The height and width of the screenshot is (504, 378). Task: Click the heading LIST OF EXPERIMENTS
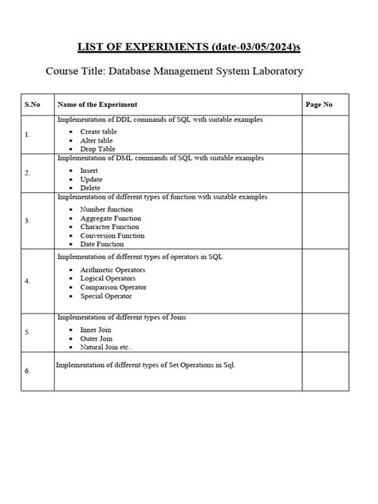click(x=137, y=47)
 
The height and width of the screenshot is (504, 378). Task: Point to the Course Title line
click(x=175, y=72)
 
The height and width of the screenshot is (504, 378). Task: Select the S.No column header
click(x=33, y=104)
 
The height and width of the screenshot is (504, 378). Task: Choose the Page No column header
click(x=319, y=104)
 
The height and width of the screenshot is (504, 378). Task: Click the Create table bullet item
click(x=99, y=131)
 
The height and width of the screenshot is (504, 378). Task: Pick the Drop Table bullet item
click(x=97, y=148)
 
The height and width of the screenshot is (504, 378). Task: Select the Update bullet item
click(x=93, y=179)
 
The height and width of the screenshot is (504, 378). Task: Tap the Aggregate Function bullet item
click(x=110, y=218)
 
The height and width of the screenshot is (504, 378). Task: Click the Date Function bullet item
click(x=102, y=244)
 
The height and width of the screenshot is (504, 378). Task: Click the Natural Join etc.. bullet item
click(x=107, y=347)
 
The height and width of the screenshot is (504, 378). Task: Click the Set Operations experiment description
click(x=146, y=364)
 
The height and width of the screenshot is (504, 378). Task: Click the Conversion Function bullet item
click(x=112, y=235)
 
